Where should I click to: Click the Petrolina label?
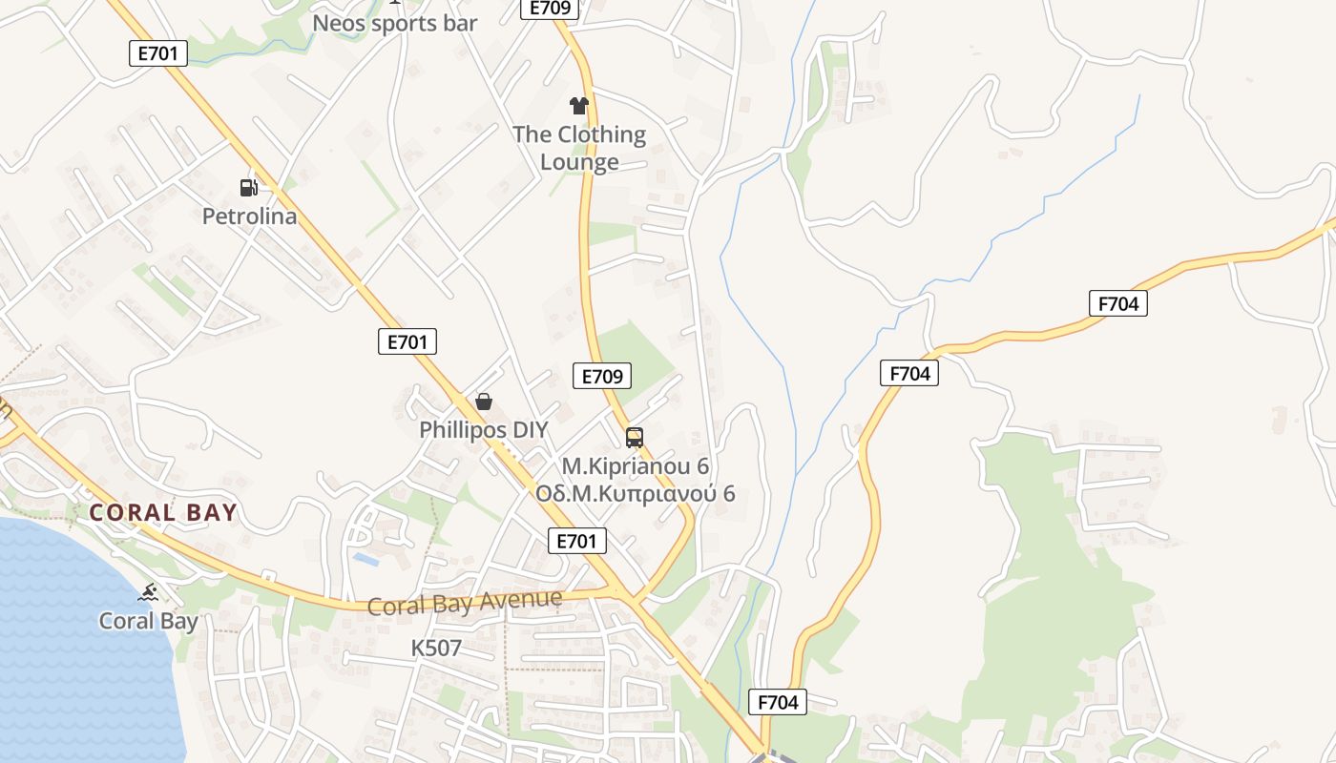(249, 217)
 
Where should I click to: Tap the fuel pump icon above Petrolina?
(248, 187)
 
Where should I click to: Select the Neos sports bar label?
(394, 23)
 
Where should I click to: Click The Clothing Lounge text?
(579, 148)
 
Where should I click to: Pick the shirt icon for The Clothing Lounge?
(578, 105)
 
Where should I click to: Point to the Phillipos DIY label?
(484, 430)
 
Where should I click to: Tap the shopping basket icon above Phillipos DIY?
(484, 402)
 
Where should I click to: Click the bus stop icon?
(634, 438)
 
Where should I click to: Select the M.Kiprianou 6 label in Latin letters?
(635, 466)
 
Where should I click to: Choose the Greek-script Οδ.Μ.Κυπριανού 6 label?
(635, 494)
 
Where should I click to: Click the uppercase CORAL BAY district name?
(162, 513)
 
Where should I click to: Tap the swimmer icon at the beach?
(148, 593)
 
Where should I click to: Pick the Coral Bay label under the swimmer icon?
(148, 622)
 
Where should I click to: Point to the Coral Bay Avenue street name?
(465, 603)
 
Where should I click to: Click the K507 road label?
(436, 649)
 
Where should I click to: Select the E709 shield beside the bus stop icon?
(602, 376)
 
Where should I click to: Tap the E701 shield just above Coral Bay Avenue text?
(577, 542)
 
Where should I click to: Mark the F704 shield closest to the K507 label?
(777, 703)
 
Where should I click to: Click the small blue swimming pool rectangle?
(365, 558)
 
